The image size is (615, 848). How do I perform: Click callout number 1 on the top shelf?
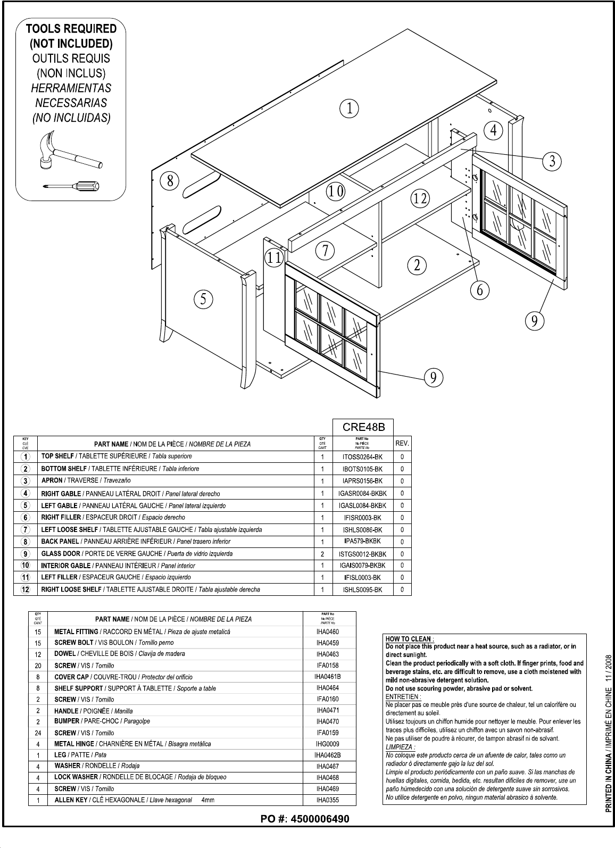[x=349, y=109]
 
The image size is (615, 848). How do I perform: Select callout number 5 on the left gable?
[x=203, y=299]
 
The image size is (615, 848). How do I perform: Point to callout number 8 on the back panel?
[x=170, y=181]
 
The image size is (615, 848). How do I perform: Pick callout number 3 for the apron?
[x=552, y=160]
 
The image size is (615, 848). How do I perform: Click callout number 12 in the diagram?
[x=419, y=199]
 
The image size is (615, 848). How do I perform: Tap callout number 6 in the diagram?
[x=479, y=290]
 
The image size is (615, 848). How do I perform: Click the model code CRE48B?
[x=363, y=427]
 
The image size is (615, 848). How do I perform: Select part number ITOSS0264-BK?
[x=363, y=457]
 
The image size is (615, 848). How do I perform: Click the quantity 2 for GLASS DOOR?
[x=322, y=554]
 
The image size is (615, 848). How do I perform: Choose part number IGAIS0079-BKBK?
[x=362, y=566]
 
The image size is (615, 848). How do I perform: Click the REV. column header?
[x=402, y=443]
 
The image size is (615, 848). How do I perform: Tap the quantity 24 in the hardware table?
[x=37, y=733]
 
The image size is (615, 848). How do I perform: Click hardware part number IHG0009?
[x=328, y=744]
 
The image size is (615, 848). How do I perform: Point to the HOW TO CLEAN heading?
[x=410, y=639]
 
